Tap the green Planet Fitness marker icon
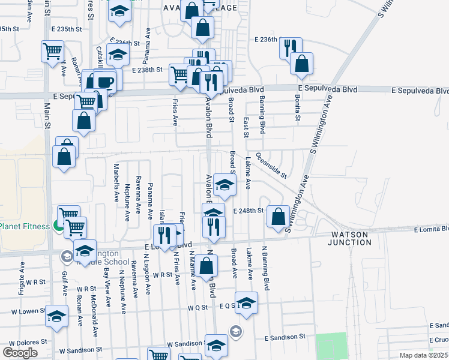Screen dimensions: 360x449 58,226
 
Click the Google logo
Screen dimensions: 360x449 20,353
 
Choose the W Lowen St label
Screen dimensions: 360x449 23,312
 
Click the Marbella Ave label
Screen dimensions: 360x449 116,183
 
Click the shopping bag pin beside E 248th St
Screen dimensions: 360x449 278,217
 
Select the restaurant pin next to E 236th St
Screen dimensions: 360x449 290,48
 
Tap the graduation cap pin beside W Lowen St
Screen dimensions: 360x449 56,316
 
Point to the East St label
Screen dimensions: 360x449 246,127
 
